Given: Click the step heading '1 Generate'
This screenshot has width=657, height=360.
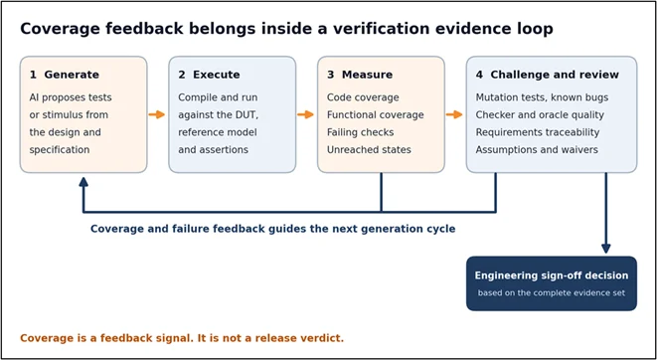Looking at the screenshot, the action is pyautogui.click(x=64, y=75).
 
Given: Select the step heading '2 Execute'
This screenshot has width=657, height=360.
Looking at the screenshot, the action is pyautogui.click(x=209, y=75).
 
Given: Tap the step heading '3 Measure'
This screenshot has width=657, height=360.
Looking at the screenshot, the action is pyautogui.click(x=360, y=75).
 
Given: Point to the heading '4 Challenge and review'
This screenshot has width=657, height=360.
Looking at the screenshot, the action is pyautogui.click(x=548, y=75).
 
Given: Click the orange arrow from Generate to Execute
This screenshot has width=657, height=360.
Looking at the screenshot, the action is pyautogui.click(x=157, y=114).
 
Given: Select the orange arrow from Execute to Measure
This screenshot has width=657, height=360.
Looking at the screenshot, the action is pyautogui.click(x=305, y=114).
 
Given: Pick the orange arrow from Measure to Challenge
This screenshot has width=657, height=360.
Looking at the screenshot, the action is pyautogui.click(x=454, y=114).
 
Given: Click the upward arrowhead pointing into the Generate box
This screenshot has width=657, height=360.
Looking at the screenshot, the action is pyautogui.click(x=83, y=182).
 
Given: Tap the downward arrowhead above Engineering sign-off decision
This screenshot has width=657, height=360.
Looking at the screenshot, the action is pyautogui.click(x=606, y=248).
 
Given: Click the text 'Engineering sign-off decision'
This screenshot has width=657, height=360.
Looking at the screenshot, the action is pyautogui.click(x=552, y=275).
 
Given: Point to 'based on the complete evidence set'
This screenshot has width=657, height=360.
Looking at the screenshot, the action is pyautogui.click(x=552, y=293).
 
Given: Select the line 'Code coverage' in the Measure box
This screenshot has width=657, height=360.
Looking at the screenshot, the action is pyautogui.click(x=363, y=97).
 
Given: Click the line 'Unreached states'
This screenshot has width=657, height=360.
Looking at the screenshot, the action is pyautogui.click(x=369, y=149).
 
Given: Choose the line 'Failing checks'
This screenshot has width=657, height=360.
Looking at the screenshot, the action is pyautogui.click(x=361, y=132).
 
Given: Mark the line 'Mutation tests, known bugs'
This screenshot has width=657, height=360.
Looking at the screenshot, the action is pyautogui.click(x=542, y=97).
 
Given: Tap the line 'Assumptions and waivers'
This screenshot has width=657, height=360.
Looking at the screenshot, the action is pyautogui.click(x=537, y=149).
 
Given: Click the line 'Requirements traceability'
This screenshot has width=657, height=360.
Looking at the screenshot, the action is pyautogui.click(x=538, y=132).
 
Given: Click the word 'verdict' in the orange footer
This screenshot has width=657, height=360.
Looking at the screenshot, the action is pyautogui.click(x=326, y=338).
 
